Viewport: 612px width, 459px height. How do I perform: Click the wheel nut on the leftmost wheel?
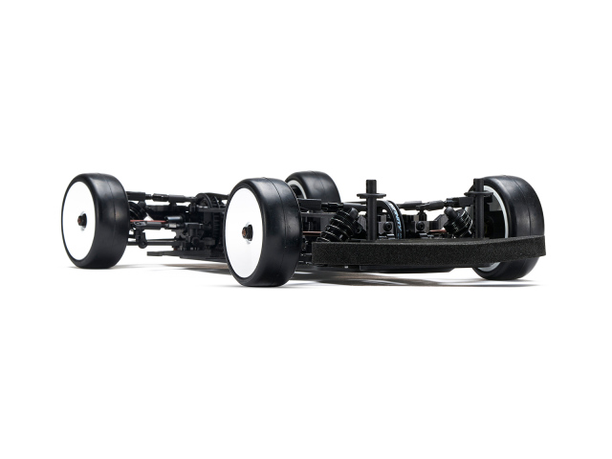[x=82, y=220]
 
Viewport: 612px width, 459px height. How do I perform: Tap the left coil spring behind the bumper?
[x=340, y=225]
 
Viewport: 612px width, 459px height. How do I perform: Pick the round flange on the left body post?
[x=371, y=195]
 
